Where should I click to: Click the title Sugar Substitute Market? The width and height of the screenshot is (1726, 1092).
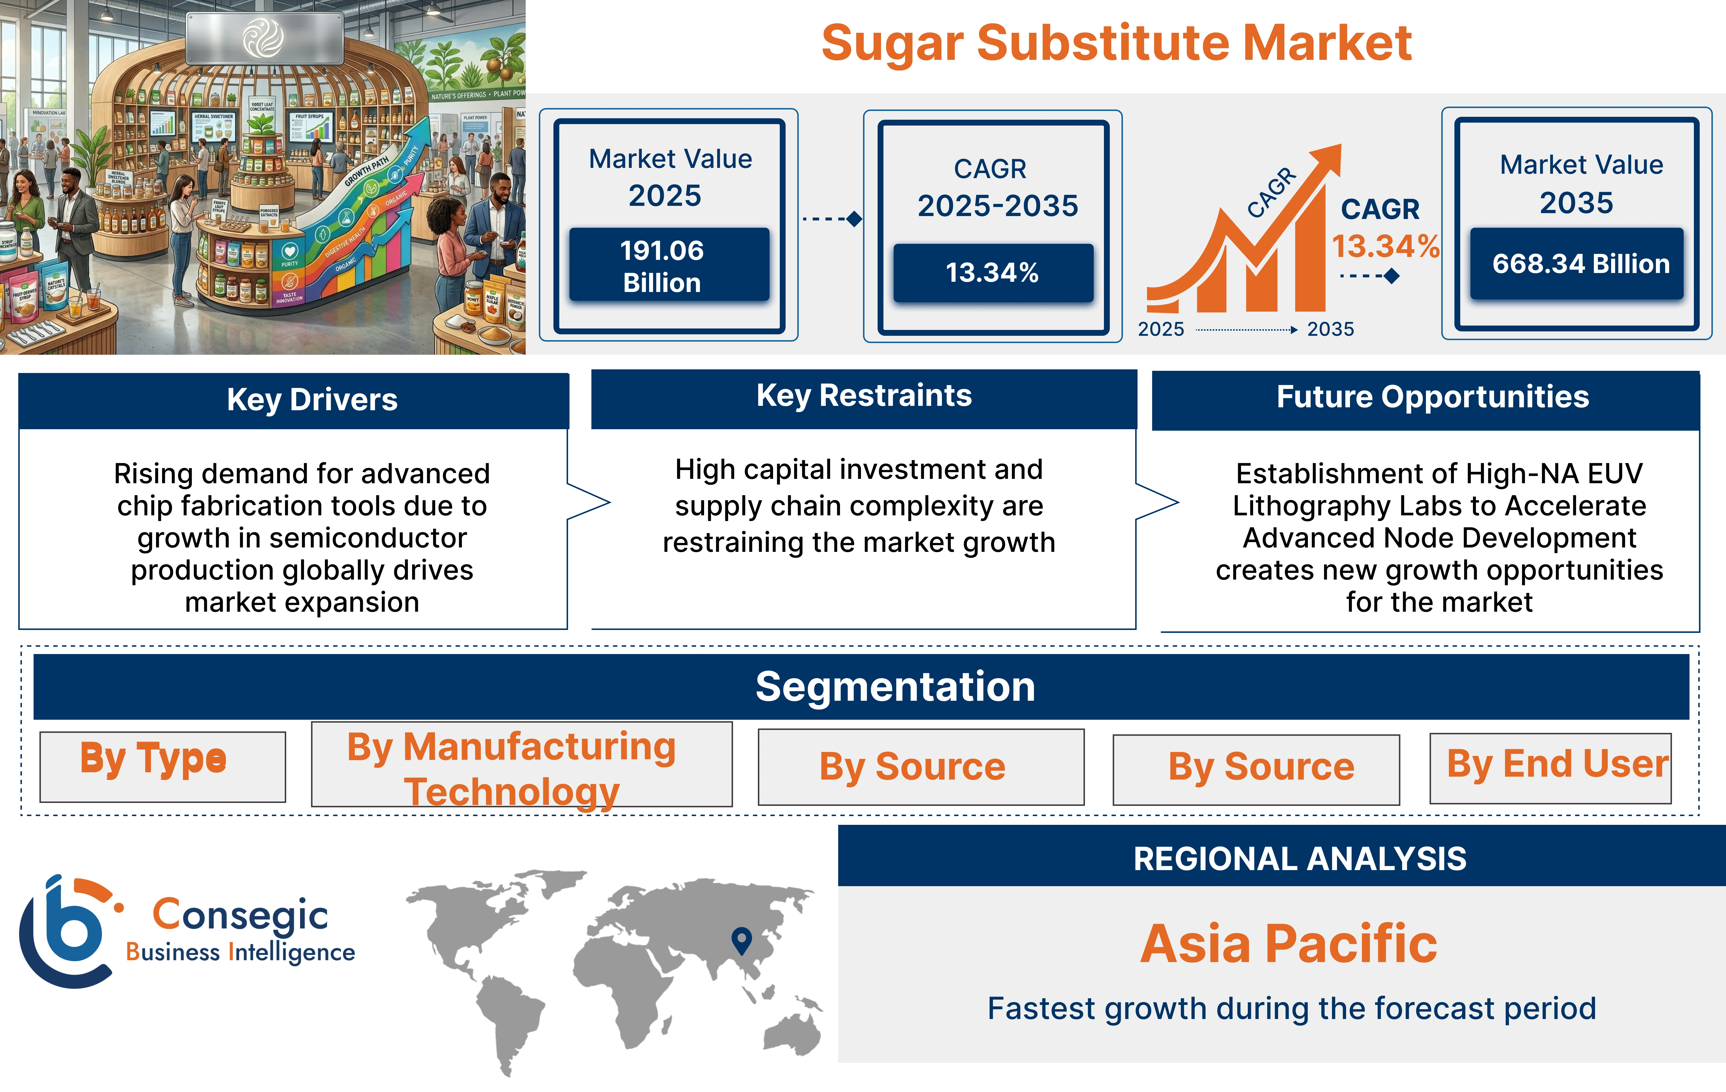pyautogui.click(x=1116, y=43)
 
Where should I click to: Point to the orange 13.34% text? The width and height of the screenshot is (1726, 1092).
pyautogui.click(x=1385, y=246)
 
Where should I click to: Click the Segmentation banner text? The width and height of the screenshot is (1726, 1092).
pyautogui.click(x=895, y=686)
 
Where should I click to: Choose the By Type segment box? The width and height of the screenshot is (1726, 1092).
pyautogui.click(x=163, y=766)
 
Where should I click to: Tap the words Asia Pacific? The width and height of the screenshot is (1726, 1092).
pyautogui.click(x=1288, y=944)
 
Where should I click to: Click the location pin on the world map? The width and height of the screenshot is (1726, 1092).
pyautogui.click(x=741, y=939)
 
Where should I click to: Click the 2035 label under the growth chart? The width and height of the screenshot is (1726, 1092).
pyautogui.click(x=1330, y=330)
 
